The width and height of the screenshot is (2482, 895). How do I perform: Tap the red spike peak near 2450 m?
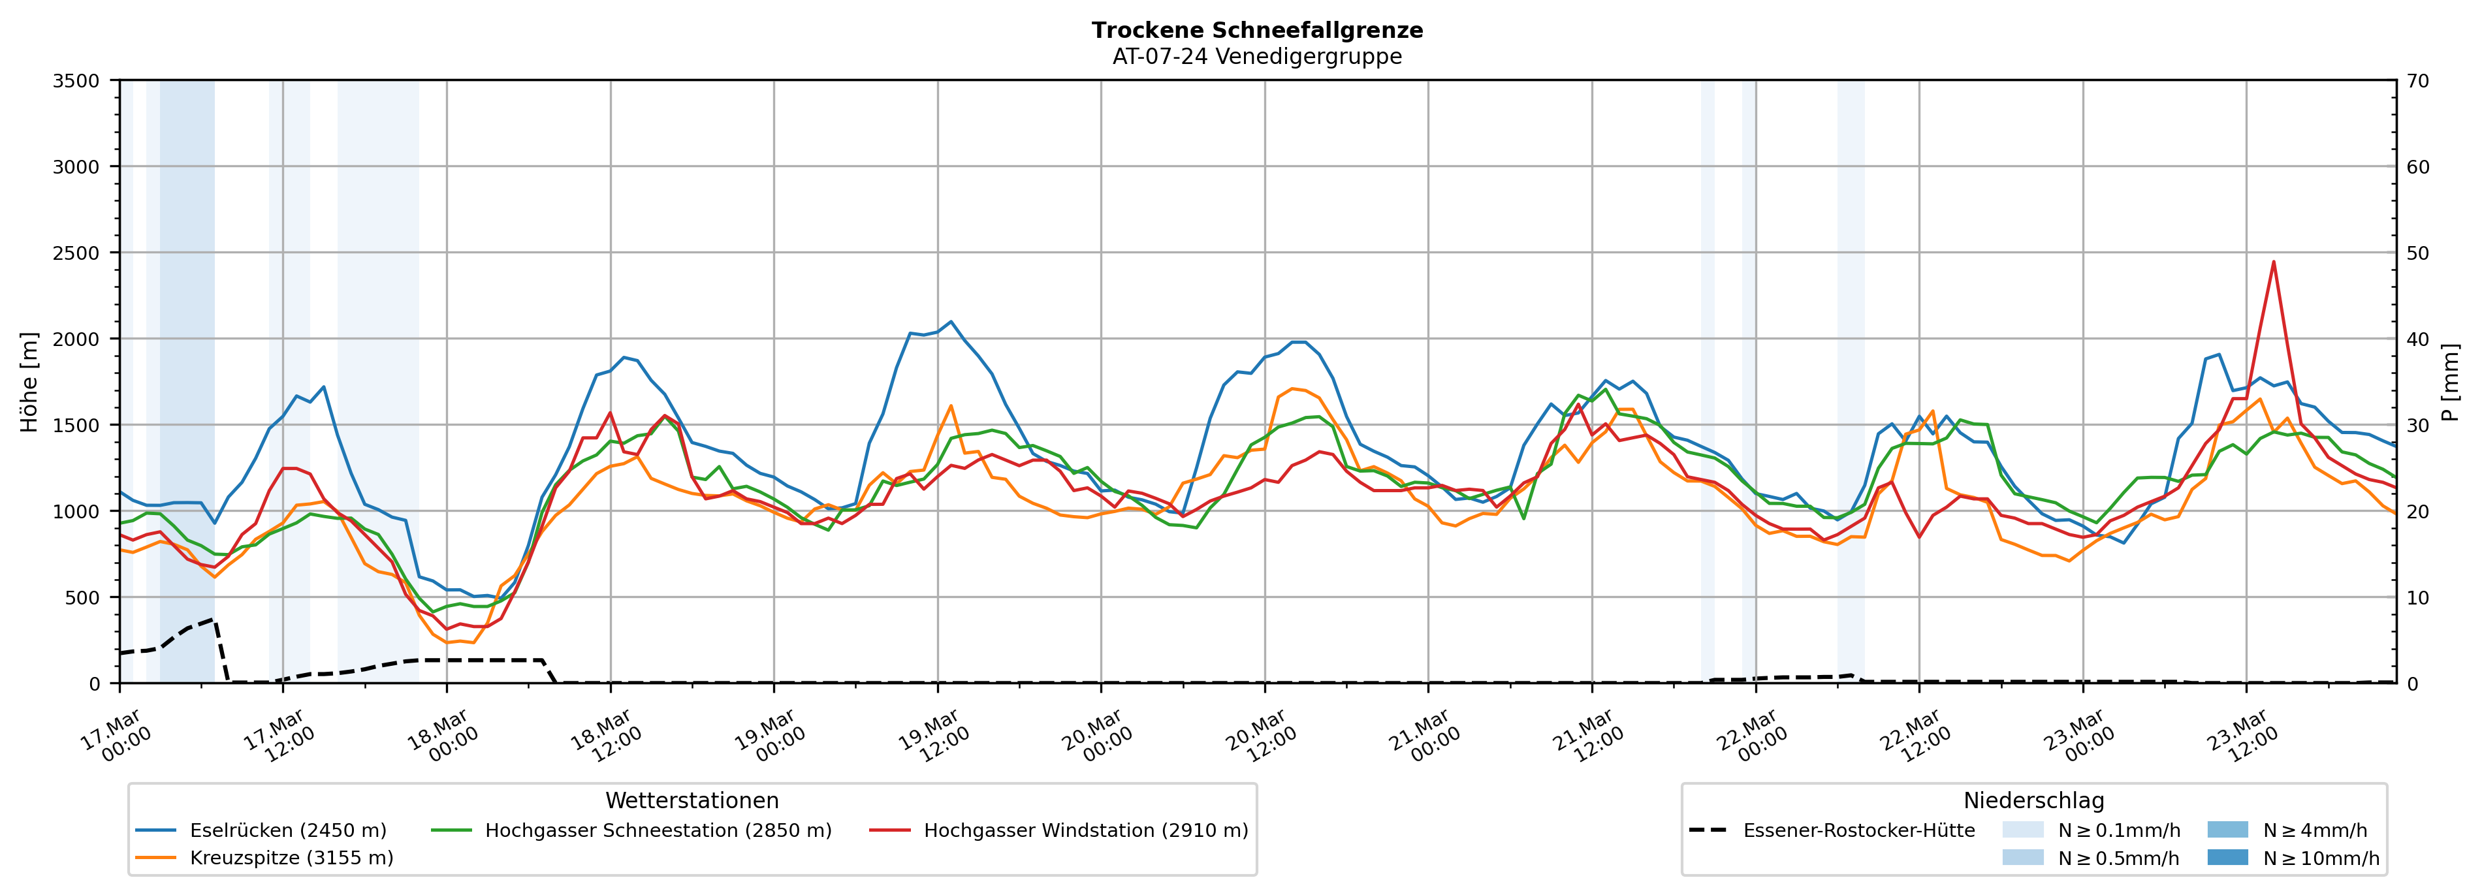pyautogui.click(x=2273, y=261)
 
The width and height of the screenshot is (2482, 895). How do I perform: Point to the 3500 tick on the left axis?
pyautogui.click(x=76, y=81)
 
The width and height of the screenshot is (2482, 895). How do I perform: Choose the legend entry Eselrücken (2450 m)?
pyautogui.click(x=288, y=830)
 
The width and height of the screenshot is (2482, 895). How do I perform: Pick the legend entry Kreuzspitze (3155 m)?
pyautogui.click(x=291, y=857)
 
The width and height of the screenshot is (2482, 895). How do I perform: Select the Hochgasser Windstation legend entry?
pyautogui.click(x=1085, y=830)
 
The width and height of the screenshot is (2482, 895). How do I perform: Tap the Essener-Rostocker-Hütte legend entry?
pyautogui.click(x=1858, y=830)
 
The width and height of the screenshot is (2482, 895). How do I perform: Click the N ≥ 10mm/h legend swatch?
pyautogui.click(x=2227, y=857)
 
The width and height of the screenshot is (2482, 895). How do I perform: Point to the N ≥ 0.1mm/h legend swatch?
pyautogui.click(x=2022, y=830)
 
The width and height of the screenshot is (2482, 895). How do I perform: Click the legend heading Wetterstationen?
pyautogui.click(x=692, y=800)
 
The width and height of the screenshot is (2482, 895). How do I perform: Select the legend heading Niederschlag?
pyautogui.click(x=2033, y=800)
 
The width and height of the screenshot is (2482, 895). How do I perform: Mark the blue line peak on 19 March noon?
pyautogui.click(x=951, y=322)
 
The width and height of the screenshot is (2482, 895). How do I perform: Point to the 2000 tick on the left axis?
pyautogui.click(x=76, y=339)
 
